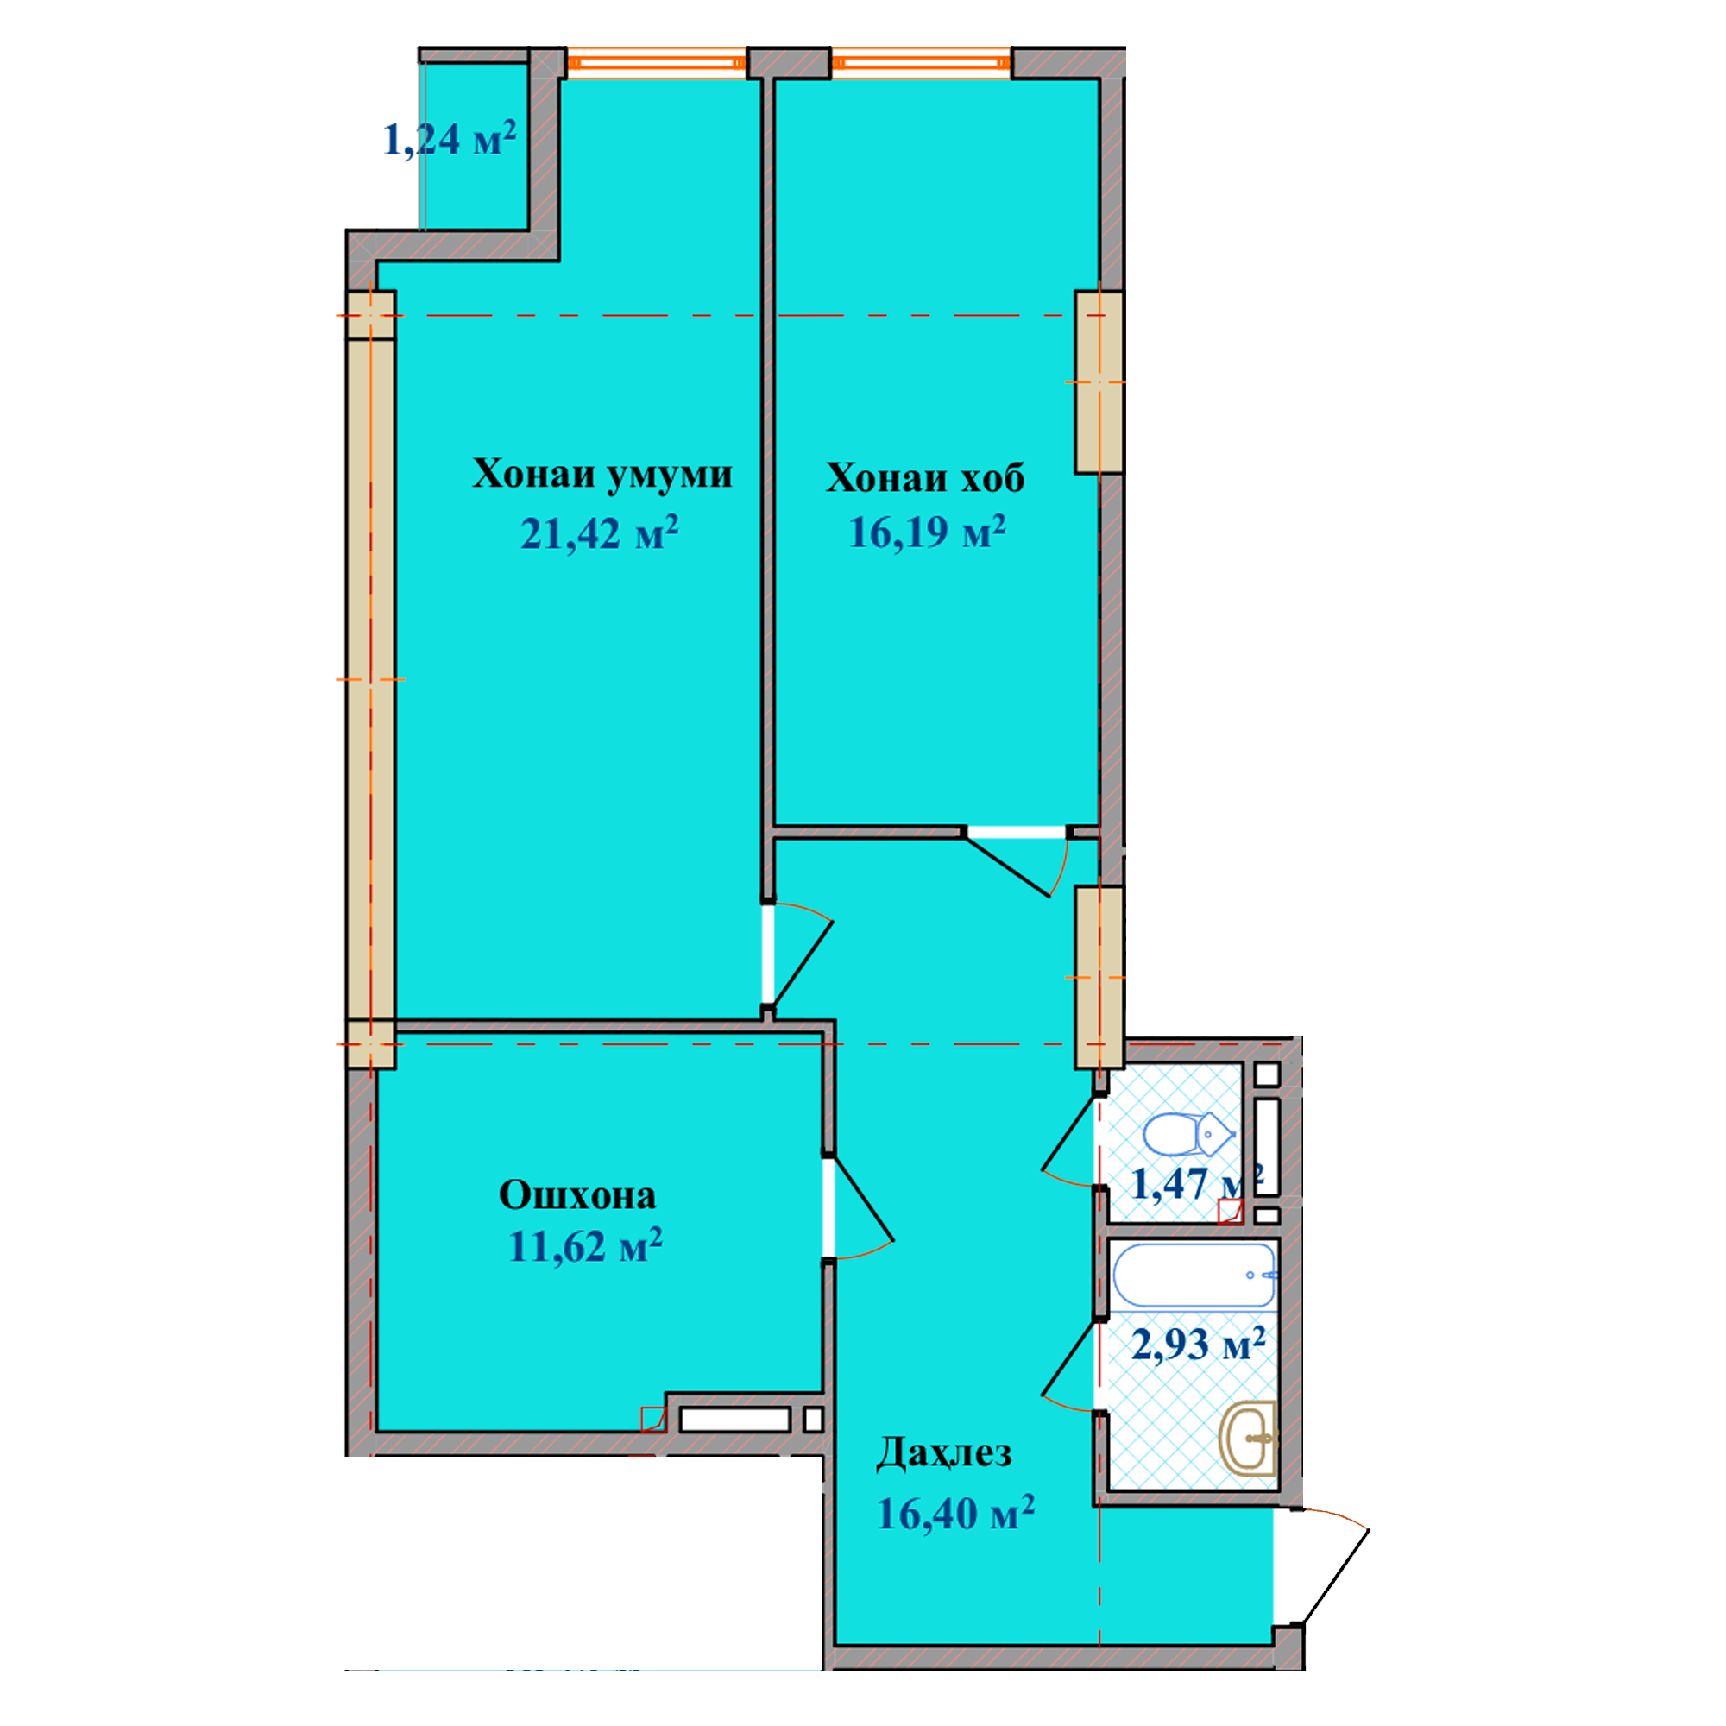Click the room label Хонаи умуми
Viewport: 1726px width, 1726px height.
[x=602, y=475]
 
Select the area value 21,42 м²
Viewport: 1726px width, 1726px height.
[x=600, y=533]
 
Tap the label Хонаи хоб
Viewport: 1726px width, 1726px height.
[x=924, y=478]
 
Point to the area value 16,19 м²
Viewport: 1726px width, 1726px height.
[x=926, y=532]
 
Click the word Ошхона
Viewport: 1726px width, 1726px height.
[x=577, y=1194]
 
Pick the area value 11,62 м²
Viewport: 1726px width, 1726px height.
[x=585, y=1245]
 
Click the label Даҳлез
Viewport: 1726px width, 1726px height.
[x=943, y=1453]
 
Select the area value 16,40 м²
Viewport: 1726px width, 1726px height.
[x=955, y=1514]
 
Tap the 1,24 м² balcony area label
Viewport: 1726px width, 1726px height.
[x=450, y=138]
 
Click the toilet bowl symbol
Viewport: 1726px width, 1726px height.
[x=1189, y=1136]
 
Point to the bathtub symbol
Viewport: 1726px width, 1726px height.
[x=1194, y=1274]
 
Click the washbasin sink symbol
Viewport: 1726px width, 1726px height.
[x=1248, y=1438]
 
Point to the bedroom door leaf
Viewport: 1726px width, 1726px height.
[x=1007, y=865]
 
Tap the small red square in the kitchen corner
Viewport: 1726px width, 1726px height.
[x=653, y=1419]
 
